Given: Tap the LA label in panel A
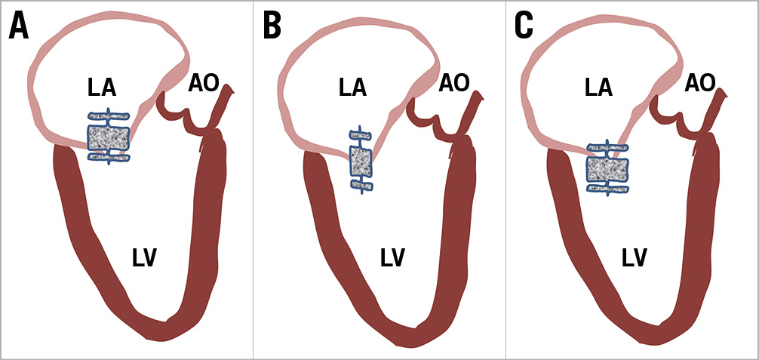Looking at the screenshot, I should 101,88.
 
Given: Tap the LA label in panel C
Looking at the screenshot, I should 598,88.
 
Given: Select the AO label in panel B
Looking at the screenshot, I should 454,82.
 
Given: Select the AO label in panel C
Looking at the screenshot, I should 700,82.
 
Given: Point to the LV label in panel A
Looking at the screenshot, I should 143,259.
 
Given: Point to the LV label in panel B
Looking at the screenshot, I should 392,259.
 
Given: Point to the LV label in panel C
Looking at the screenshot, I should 635,259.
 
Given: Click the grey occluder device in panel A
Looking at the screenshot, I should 109,137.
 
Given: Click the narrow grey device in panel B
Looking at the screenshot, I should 361,161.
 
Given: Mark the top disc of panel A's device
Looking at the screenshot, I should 109,117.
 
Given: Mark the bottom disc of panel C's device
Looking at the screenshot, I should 608,187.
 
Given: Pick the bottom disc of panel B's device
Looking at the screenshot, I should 361,185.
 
